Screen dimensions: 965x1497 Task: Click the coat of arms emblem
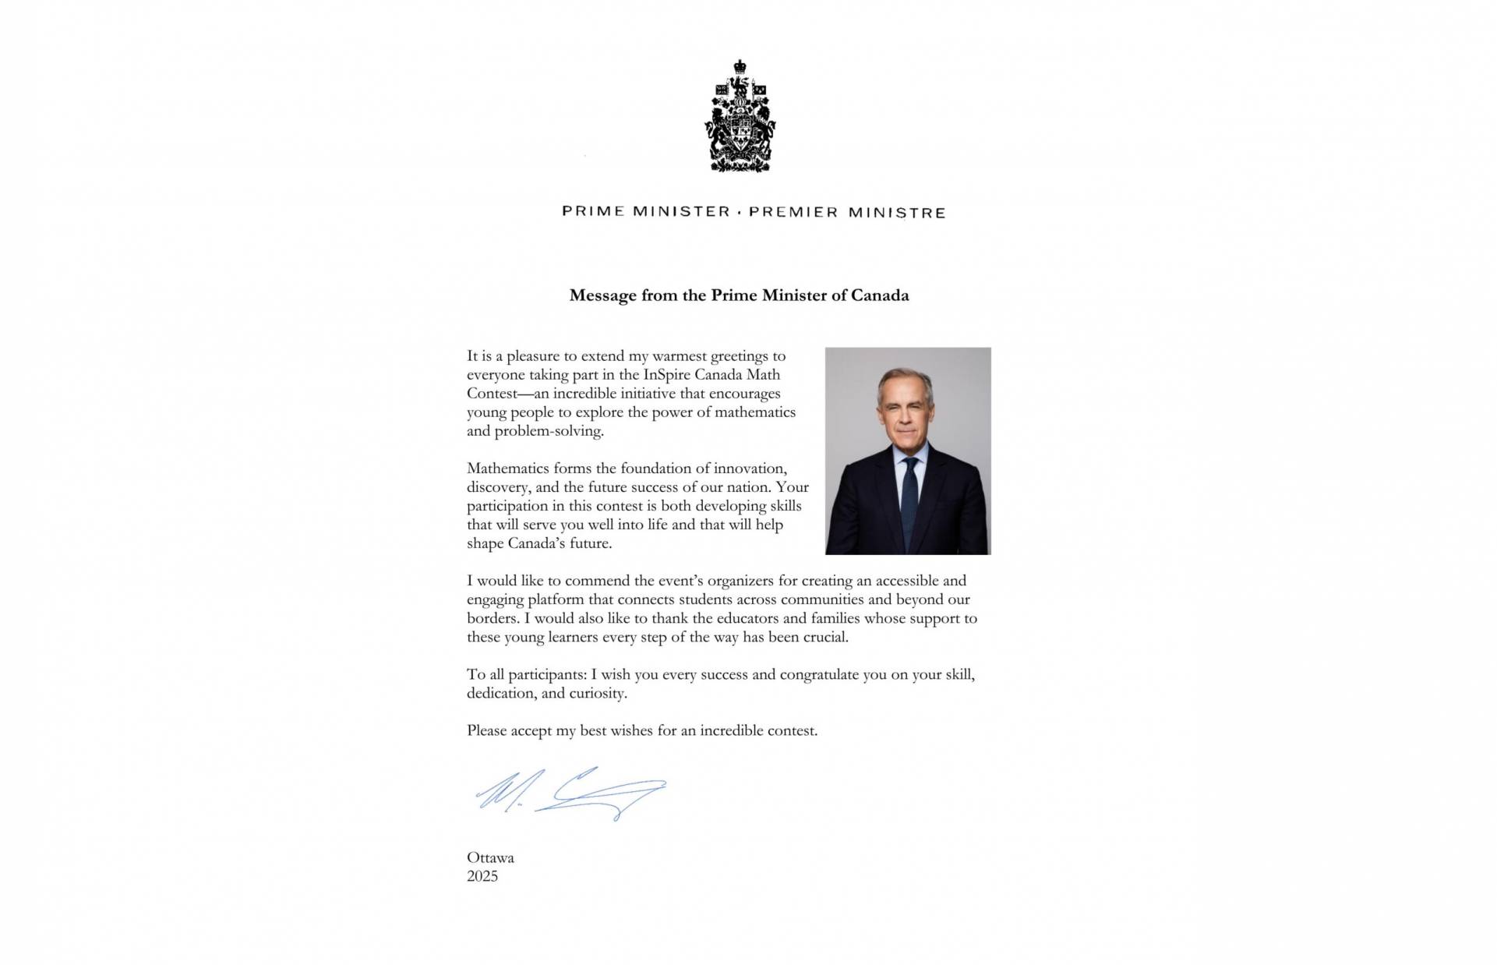[x=740, y=116]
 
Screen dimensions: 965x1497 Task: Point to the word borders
[x=492, y=618]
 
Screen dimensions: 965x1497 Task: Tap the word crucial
[x=825, y=637]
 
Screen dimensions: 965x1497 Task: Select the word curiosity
[x=598, y=693]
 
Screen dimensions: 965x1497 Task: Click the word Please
[x=487, y=731]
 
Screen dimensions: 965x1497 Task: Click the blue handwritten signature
[x=569, y=794]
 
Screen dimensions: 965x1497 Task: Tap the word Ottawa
[x=490, y=858]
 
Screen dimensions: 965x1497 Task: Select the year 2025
[x=482, y=877]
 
